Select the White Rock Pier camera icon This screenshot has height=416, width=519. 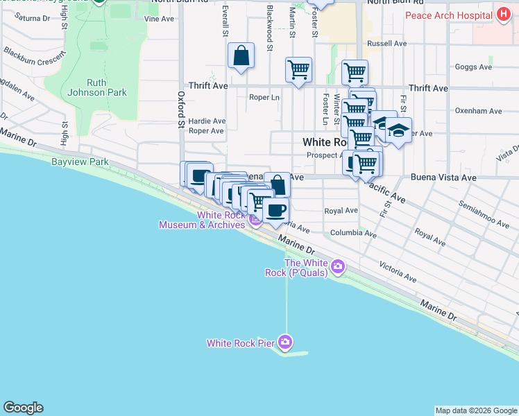tap(285, 341)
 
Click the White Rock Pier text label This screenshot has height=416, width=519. tap(241, 343)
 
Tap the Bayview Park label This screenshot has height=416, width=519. tap(80, 162)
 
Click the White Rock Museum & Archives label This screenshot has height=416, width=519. tap(201, 220)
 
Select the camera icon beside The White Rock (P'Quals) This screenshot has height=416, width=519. tap(338, 266)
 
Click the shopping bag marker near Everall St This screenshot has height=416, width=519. tap(241, 57)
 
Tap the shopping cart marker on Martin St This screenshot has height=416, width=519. tap(298, 69)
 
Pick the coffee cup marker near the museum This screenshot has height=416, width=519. tap(276, 210)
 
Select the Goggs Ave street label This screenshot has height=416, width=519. tap(473, 67)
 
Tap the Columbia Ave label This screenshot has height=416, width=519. tap(353, 234)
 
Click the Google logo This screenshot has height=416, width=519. tap(23, 408)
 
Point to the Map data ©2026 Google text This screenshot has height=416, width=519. tap(476, 410)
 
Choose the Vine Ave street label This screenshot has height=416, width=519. tap(159, 19)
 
